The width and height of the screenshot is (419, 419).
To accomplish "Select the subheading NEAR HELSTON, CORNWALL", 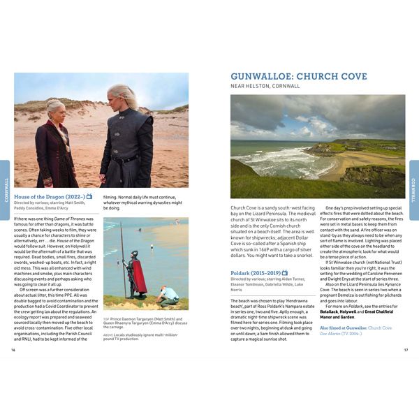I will pos(265,87).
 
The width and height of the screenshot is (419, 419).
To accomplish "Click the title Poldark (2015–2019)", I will pos(254,273).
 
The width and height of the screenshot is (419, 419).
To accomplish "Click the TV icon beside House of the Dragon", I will pos(89,197).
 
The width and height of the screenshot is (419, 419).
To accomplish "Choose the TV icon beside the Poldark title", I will pos(285,273).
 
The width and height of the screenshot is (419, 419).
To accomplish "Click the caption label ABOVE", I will pos(109,335).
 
